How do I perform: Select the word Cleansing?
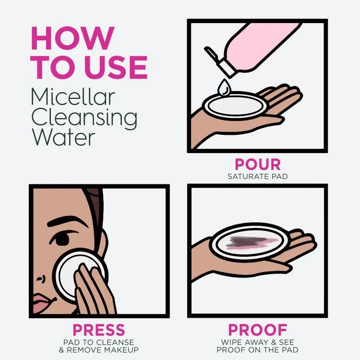[84, 117]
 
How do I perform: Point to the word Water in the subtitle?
[63, 137]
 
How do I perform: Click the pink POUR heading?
[257, 165]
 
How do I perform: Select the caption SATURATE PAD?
[257, 176]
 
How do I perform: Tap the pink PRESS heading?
[98, 330]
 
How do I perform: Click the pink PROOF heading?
[257, 330]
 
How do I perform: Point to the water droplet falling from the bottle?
[223, 88]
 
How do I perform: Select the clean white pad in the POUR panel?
[234, 104]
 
